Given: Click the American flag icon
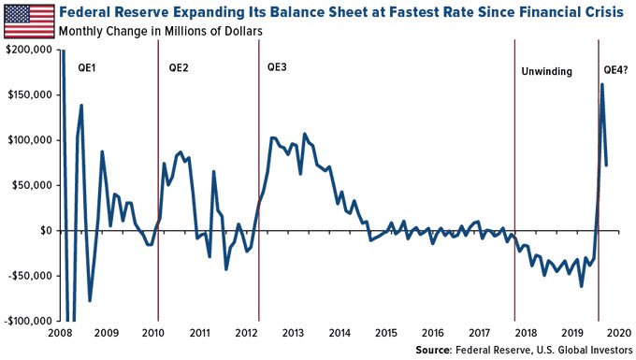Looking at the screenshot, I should coord(28,20).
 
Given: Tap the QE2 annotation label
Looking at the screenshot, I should coord(180,68).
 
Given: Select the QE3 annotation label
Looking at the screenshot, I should coord(279,68).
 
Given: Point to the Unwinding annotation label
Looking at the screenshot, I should coord(547,71).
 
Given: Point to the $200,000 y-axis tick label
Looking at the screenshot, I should coord(28,50).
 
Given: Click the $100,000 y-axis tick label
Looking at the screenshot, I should coord(28,140).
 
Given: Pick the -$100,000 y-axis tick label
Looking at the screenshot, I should coord(28,321).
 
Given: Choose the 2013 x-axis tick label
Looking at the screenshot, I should coord(294,333).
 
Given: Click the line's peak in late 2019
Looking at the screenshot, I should coord(601,85).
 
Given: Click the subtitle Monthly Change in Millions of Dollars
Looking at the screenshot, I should coord(159,31).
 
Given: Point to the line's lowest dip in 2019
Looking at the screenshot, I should coord(581,285).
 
